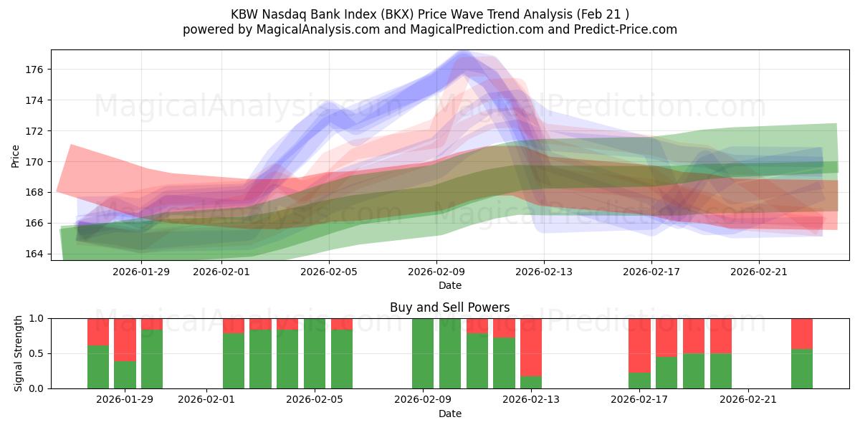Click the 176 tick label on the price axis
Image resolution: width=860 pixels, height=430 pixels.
[x=34, y=70]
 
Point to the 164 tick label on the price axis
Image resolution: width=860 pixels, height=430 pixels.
[x=34, y=254]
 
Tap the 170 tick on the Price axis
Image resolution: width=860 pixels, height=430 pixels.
[x=34, y=162]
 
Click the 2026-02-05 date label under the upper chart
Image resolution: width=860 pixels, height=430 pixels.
[x=329, y=272]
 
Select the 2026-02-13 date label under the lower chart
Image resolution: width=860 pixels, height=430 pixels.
[x=532, y=400]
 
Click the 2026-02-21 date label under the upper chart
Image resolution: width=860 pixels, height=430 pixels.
[x=759, y=272]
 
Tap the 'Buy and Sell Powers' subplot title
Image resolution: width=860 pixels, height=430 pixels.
[x=449, y=307]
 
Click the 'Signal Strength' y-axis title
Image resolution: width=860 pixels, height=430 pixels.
[x=19, y=353]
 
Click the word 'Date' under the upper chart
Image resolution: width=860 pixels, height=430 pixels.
[x=449, y=285]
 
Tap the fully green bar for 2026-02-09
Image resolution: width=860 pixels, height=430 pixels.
[x=423, y=353]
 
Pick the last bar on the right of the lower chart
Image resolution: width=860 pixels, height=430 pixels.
[x=802, y=353]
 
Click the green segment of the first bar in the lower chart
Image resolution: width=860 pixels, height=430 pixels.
[x=98, y=367]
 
